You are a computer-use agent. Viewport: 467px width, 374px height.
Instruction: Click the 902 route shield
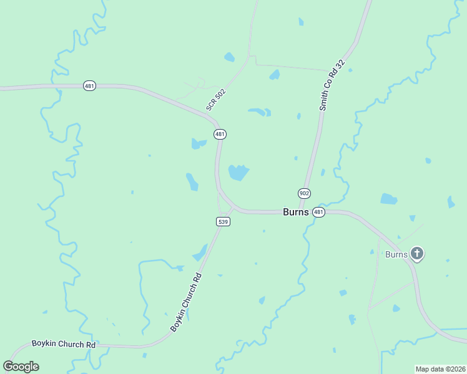[304, 194]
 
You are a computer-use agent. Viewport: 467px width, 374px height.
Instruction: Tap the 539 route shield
[224, 221]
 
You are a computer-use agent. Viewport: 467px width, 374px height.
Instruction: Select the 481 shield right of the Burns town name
[319, 213]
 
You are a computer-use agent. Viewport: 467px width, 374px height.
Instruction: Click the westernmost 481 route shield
[90, 85]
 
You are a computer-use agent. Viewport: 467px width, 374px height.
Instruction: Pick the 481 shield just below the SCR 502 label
[220, 134]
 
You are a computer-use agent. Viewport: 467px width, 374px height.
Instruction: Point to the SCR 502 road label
[216, 100]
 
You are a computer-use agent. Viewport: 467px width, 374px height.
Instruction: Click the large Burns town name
[296, 212]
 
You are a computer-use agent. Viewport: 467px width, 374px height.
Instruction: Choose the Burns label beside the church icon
[396, 254]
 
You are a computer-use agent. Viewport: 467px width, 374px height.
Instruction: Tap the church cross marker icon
[417, 254]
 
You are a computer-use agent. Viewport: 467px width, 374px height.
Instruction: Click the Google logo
[21, 367]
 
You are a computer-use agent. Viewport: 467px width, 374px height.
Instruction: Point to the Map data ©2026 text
[440, 369]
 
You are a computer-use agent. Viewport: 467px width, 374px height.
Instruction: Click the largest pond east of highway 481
[238, 173]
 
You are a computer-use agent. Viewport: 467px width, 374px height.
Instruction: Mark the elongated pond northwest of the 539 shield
[192, 181]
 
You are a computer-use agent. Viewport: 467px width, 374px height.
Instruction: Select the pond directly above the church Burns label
[388, 199]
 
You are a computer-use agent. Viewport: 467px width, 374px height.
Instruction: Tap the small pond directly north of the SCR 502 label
[229, 57]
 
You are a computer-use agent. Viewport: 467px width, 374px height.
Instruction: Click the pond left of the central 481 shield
[199, 144]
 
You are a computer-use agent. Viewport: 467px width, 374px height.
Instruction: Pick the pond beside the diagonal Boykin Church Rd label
[201, 252]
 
